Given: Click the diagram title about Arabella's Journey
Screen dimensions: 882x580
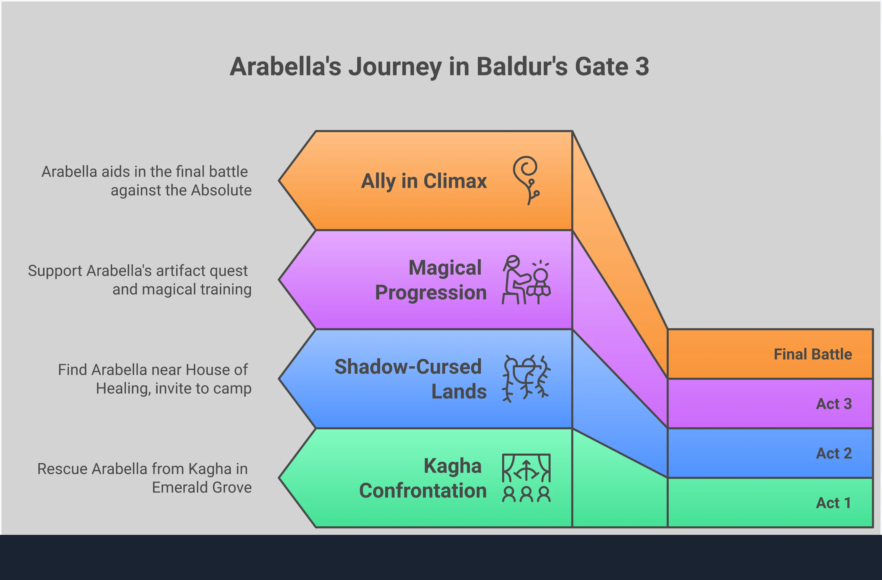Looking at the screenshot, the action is coord(439,67).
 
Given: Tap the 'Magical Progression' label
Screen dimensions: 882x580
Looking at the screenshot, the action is coord(431,280).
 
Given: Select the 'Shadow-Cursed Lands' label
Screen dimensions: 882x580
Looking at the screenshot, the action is coord(411,379).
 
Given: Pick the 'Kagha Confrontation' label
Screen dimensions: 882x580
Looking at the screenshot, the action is coord(423,478).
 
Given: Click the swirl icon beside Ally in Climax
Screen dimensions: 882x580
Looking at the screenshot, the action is coord(526,180).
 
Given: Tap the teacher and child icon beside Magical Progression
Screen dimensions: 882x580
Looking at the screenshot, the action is coord(526,280).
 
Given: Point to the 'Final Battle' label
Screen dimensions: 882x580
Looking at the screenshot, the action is coord(813,354).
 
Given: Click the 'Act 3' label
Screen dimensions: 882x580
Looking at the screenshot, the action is coord(834,404).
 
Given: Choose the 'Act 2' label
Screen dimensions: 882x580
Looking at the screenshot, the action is coord(834,453).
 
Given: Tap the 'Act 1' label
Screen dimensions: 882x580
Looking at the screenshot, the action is coord(834,503).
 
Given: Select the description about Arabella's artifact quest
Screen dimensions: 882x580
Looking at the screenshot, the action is coord(140,280).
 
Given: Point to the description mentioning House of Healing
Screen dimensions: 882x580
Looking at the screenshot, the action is coord(154,379).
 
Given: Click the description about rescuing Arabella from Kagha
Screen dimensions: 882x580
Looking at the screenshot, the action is coord(144,478).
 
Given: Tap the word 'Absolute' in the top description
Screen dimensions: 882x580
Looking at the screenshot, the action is coord(222,190).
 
